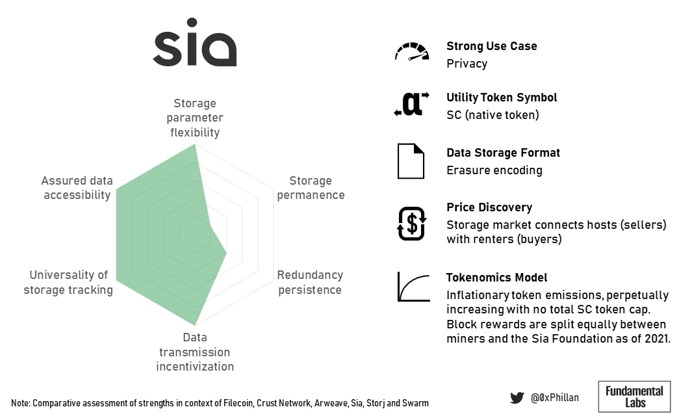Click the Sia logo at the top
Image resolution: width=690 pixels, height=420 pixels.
pos(194,42)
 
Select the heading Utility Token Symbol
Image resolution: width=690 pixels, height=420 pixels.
pos(502,98)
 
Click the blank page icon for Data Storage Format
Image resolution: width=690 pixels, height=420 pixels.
pos(411,161)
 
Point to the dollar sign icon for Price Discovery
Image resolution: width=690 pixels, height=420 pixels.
pos(411,224)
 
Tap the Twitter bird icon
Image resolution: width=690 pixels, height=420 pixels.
pos(517,398)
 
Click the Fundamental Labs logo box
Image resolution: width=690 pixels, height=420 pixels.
pos(634,397)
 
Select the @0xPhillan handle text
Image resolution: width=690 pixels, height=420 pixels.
pos(554,397)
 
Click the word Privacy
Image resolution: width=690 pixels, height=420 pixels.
pos(467,64)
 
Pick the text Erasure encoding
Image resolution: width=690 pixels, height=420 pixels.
pos(494,170)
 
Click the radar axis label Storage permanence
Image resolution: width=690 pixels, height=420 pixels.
pos(311,187)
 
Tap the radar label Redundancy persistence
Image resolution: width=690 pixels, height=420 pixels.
pos(310,282)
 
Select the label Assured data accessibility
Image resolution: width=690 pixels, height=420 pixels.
pos(77,187)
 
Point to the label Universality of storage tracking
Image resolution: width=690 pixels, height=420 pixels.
pos(68,282)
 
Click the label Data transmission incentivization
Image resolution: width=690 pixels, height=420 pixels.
pos(195,352)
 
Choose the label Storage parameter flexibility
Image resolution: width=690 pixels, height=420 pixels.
pos(195,118)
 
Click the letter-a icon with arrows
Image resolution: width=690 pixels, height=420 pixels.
pos(411,104)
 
